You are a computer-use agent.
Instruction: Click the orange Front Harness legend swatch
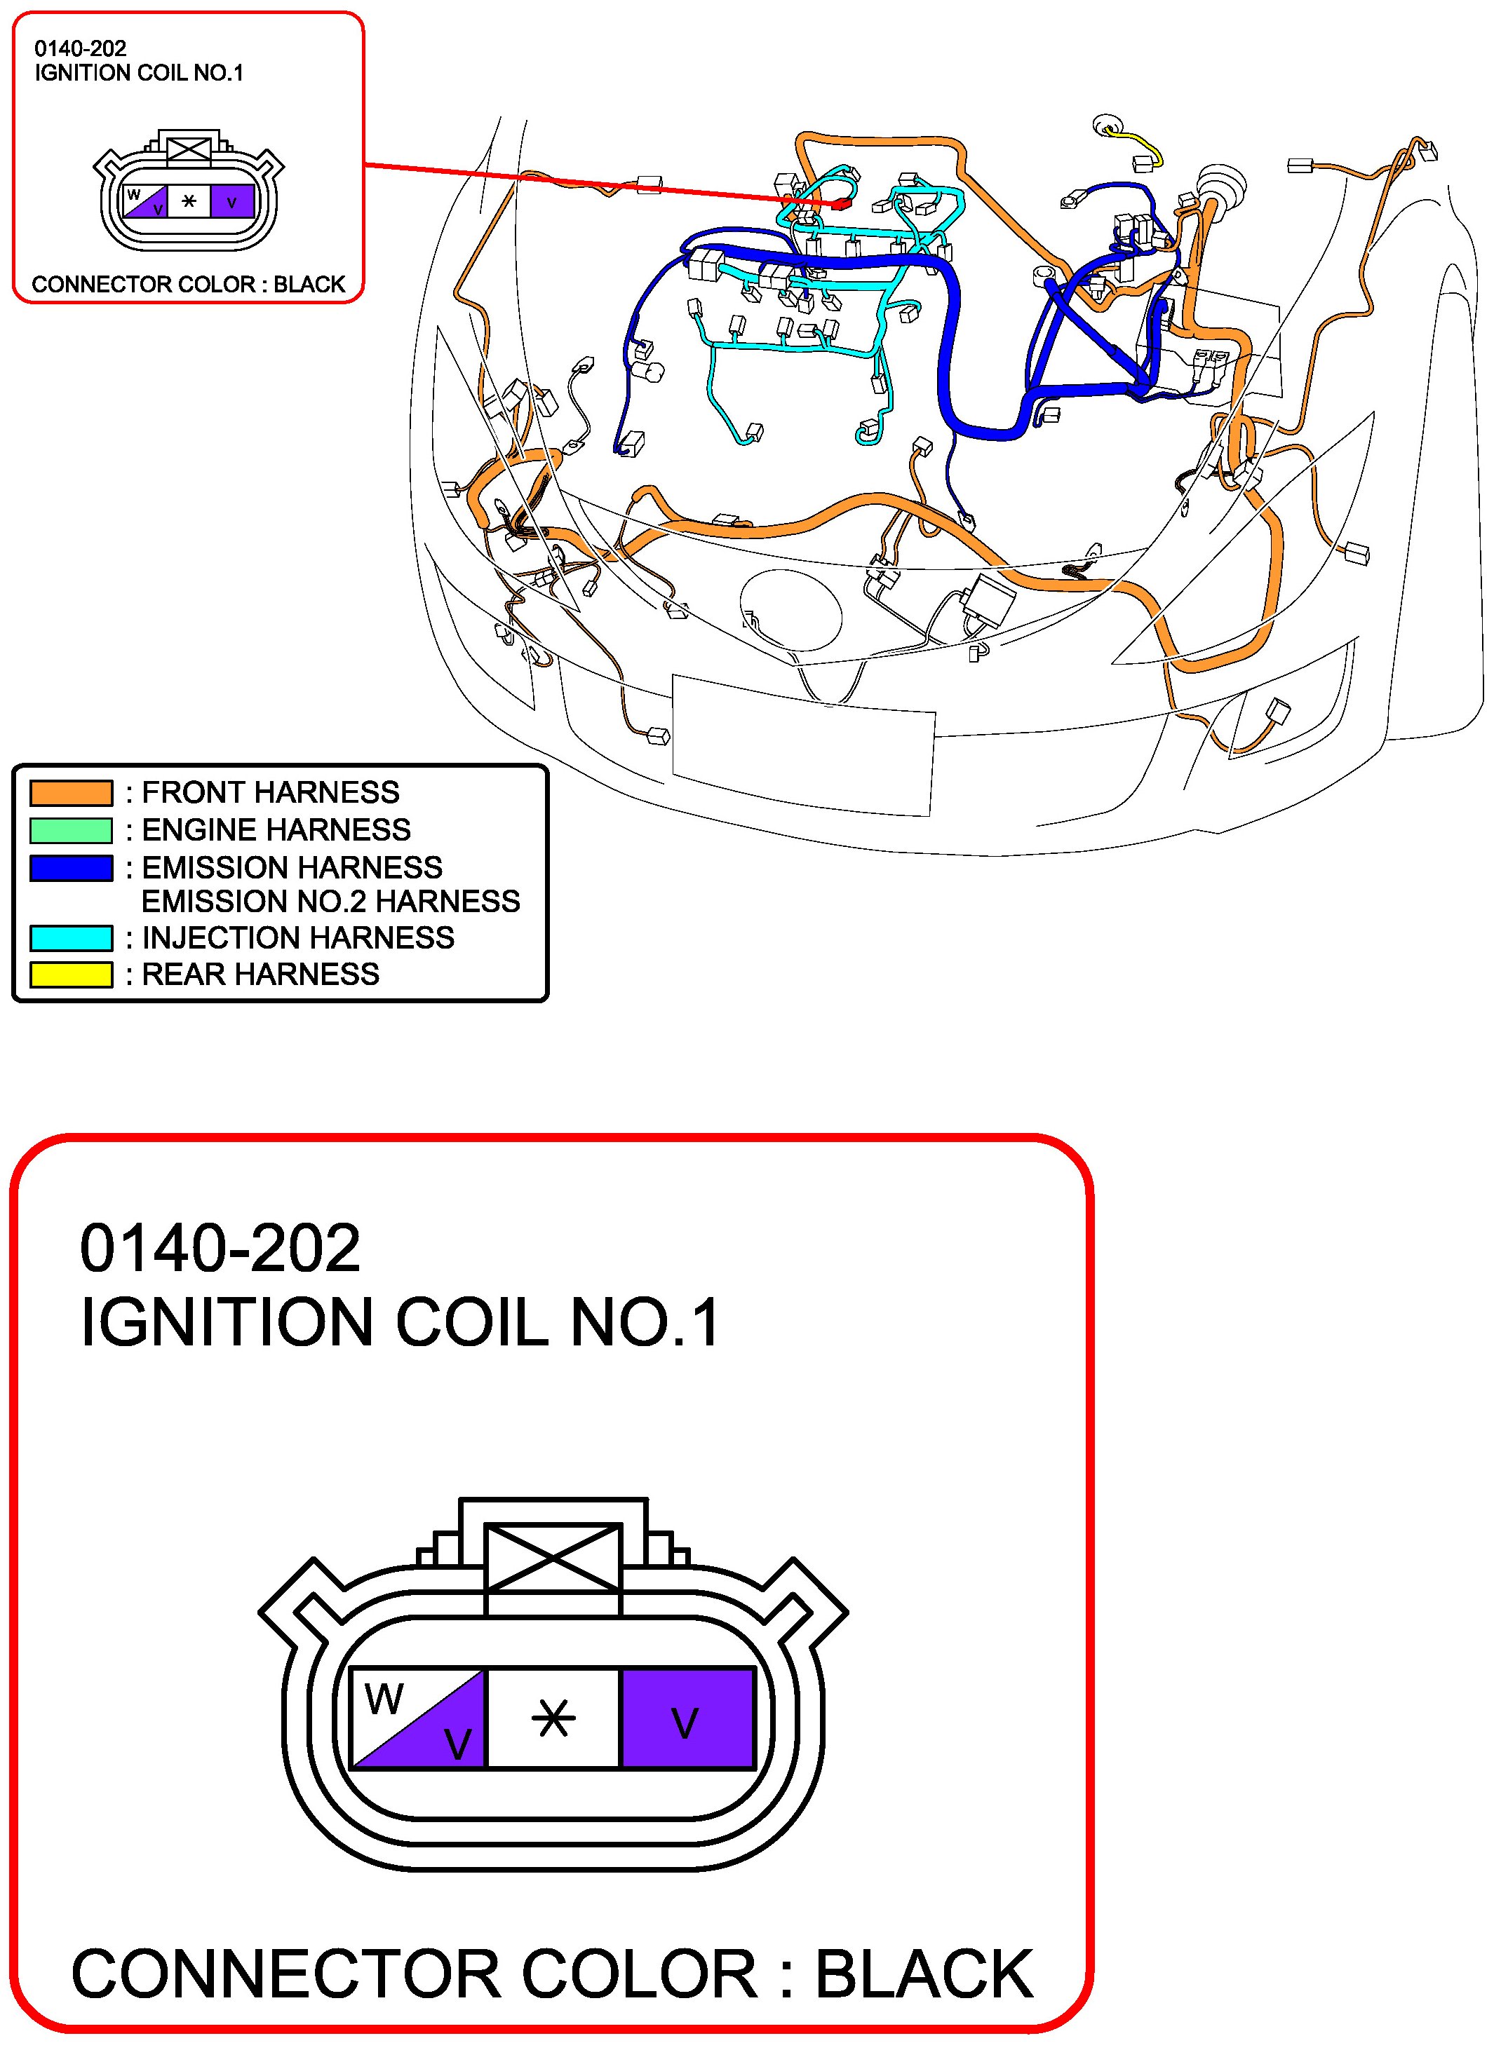tap(71, 793)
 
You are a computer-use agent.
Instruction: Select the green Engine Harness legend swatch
tap(71, 830)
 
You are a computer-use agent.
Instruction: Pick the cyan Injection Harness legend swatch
tap(71, 937)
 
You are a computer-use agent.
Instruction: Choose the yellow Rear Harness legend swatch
tap(71, 975)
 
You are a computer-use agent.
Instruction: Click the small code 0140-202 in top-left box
tap(80, 49)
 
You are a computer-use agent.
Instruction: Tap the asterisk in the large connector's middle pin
tap(553, 1718)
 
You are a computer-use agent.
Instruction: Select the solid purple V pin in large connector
tap(687, 1718)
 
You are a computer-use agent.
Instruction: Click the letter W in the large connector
tap(384, 1699)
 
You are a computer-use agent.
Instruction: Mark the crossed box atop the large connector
tap(553, 1557)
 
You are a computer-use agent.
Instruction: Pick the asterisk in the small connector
tap(189, 201)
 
